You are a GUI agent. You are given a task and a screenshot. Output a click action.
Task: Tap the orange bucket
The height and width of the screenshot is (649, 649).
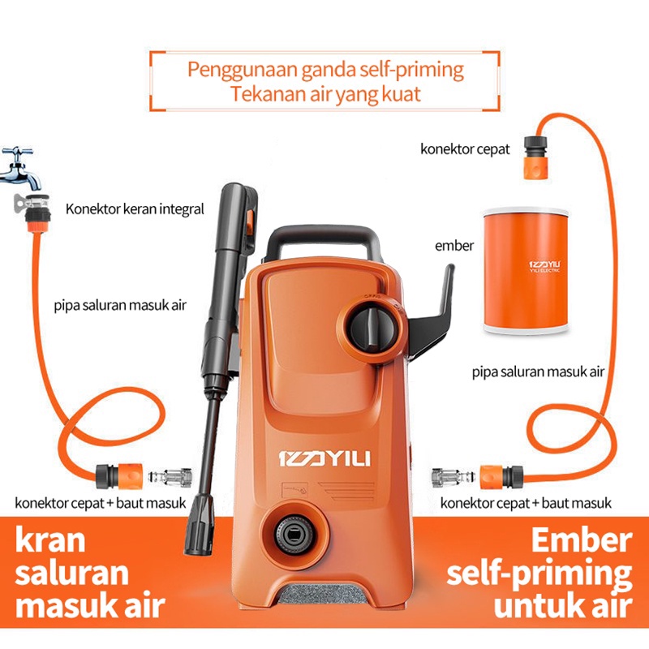[x=526, y=271]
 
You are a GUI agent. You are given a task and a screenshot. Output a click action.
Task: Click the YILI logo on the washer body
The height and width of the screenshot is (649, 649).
[x=324, y=458]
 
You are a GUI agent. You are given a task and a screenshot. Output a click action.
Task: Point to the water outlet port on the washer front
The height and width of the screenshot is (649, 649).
[x=293, y=535]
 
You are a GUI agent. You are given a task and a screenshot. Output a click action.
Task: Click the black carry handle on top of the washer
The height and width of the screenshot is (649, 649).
[x=324, y=244]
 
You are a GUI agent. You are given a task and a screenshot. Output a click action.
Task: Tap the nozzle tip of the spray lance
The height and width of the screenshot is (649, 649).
[x=200, y=526]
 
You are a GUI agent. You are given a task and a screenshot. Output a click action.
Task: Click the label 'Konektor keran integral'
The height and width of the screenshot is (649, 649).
[x=135, y=209]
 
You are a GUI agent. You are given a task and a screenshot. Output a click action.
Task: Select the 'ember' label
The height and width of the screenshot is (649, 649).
[x=454, y=246]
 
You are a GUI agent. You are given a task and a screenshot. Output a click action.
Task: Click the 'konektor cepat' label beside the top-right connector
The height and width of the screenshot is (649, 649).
[x=465, y=149]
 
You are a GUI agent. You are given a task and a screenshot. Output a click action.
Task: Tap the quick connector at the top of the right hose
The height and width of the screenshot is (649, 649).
[x=536, y=157]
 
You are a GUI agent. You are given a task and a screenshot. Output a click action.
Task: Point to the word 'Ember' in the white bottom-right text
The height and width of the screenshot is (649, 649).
[x=582, y=540]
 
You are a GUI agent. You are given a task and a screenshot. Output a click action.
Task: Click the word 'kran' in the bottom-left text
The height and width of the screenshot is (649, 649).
[x=50, y=540]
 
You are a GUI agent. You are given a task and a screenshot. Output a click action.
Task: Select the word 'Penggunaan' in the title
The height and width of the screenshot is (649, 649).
[x=242, y=70]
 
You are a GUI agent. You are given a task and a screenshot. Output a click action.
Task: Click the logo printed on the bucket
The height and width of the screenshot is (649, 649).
[x=544, y=266]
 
